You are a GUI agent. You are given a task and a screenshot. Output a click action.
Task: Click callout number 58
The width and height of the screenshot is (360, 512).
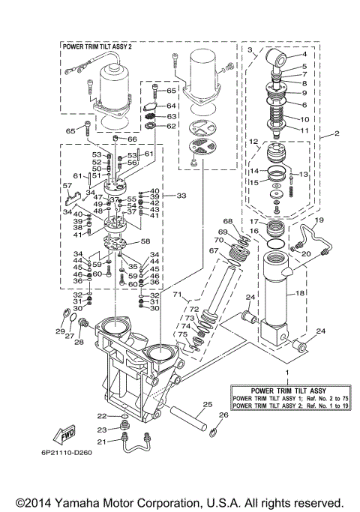145,241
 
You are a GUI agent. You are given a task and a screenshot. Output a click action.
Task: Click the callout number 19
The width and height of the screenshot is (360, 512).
318,220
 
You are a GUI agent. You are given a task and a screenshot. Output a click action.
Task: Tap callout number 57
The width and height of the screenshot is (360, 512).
67,185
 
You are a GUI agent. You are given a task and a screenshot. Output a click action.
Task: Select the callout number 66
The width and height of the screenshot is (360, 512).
131,139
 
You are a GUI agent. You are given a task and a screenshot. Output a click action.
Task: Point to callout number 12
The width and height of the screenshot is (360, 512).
253,141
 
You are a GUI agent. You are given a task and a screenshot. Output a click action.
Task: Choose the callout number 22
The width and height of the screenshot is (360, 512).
101,415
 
